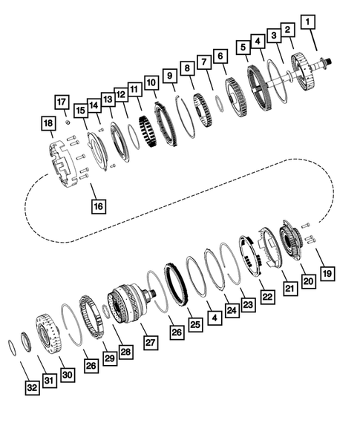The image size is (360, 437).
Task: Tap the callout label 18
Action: click(49, 123)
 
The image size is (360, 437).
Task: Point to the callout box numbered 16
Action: click(96, 206)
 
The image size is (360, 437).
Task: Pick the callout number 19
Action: click(327, 273)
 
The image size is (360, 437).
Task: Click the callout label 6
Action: click(219, 56)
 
